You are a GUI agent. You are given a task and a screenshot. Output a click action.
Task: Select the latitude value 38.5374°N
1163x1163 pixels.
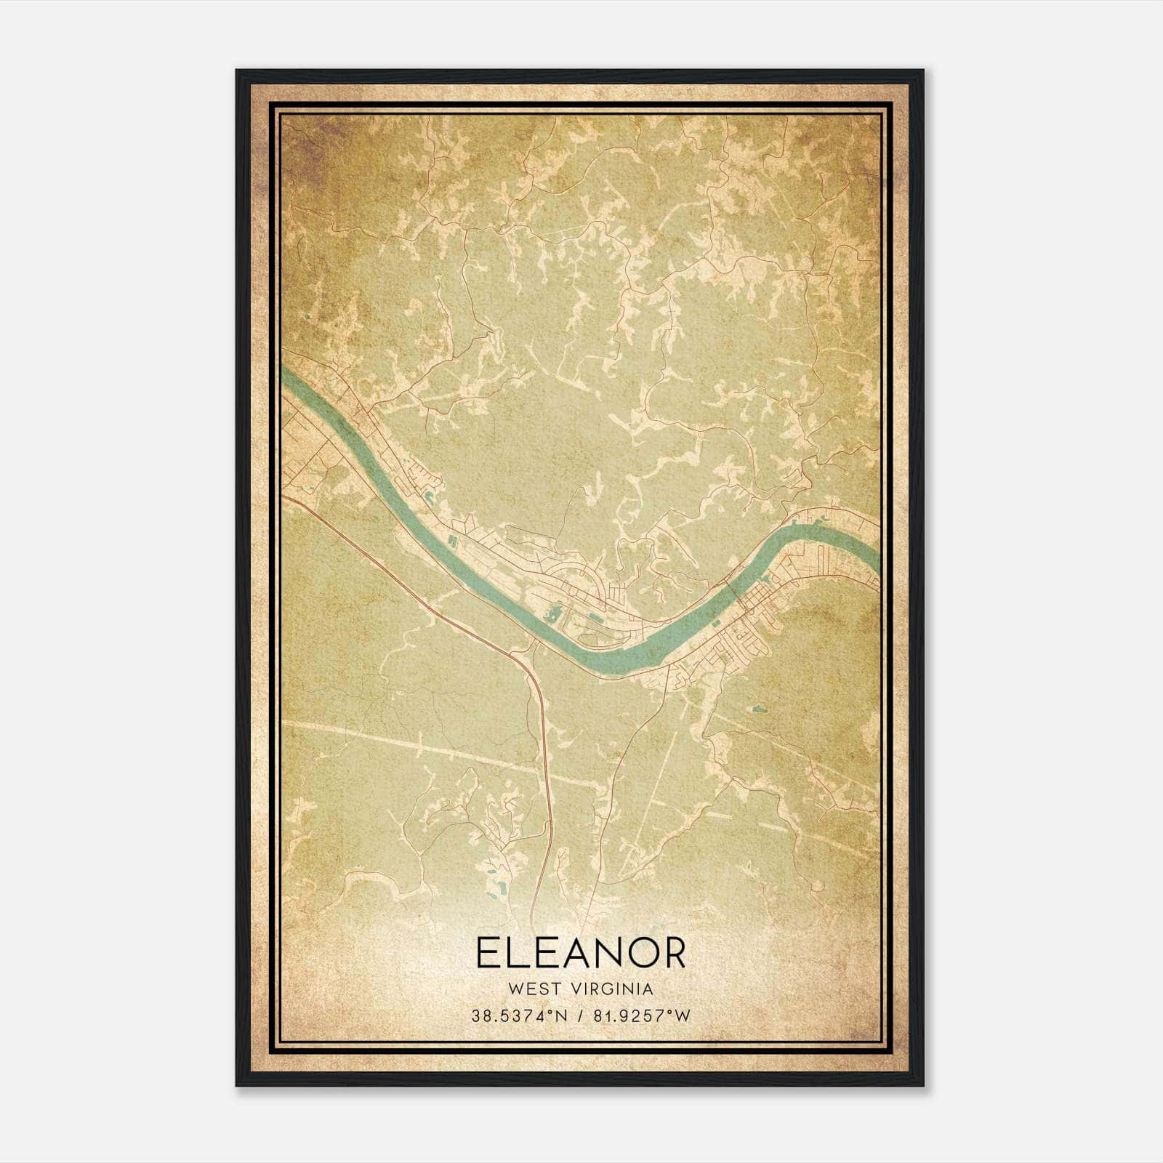point(518,1016)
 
